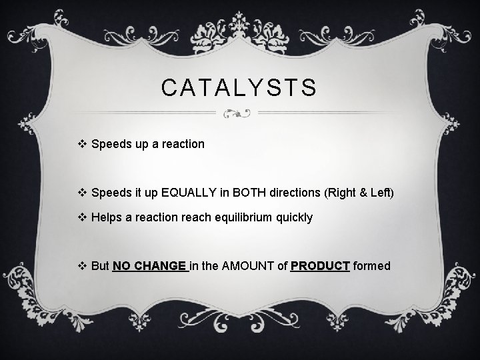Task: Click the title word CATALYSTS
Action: (x=240, y=88)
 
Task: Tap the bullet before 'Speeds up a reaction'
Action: (x=83, y=144)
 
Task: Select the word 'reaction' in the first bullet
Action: (x=183, y=144)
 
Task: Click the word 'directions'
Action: (x=291, y=193)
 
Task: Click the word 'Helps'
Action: (x=107, y=217)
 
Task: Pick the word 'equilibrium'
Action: (x=245, y=217)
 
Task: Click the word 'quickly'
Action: (x=293, y=217)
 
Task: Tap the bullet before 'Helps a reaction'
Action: (x=83, y=217)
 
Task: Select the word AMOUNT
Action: (x=248, y=266)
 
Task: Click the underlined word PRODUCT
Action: (x=320, y=266)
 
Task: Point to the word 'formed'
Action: (x=371, y=266)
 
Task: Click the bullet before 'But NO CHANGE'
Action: (x=83, y=266)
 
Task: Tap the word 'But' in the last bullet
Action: (x=100, y=266)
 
